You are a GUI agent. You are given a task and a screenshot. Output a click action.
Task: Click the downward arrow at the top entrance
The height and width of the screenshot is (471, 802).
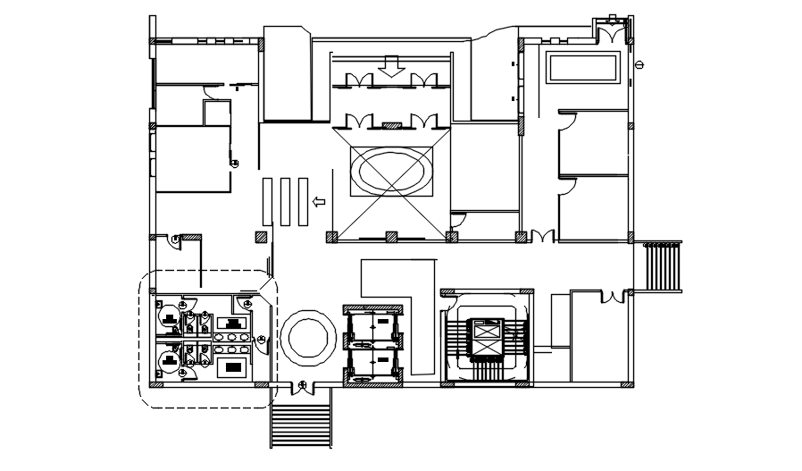[x=388, y=66]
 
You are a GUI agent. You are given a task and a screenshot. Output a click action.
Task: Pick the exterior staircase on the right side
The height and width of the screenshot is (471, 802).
[x=662, y=265]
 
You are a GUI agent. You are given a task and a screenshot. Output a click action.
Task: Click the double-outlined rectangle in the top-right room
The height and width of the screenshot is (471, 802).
[x=583, y=68]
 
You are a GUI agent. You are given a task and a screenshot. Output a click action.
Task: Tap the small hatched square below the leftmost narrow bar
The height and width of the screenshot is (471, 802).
[x=261, y=237]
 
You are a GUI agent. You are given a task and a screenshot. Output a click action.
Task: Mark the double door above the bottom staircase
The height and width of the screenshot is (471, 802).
[x=303, y=386]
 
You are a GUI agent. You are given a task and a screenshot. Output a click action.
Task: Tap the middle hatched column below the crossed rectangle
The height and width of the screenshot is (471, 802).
[x=390, y=237]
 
